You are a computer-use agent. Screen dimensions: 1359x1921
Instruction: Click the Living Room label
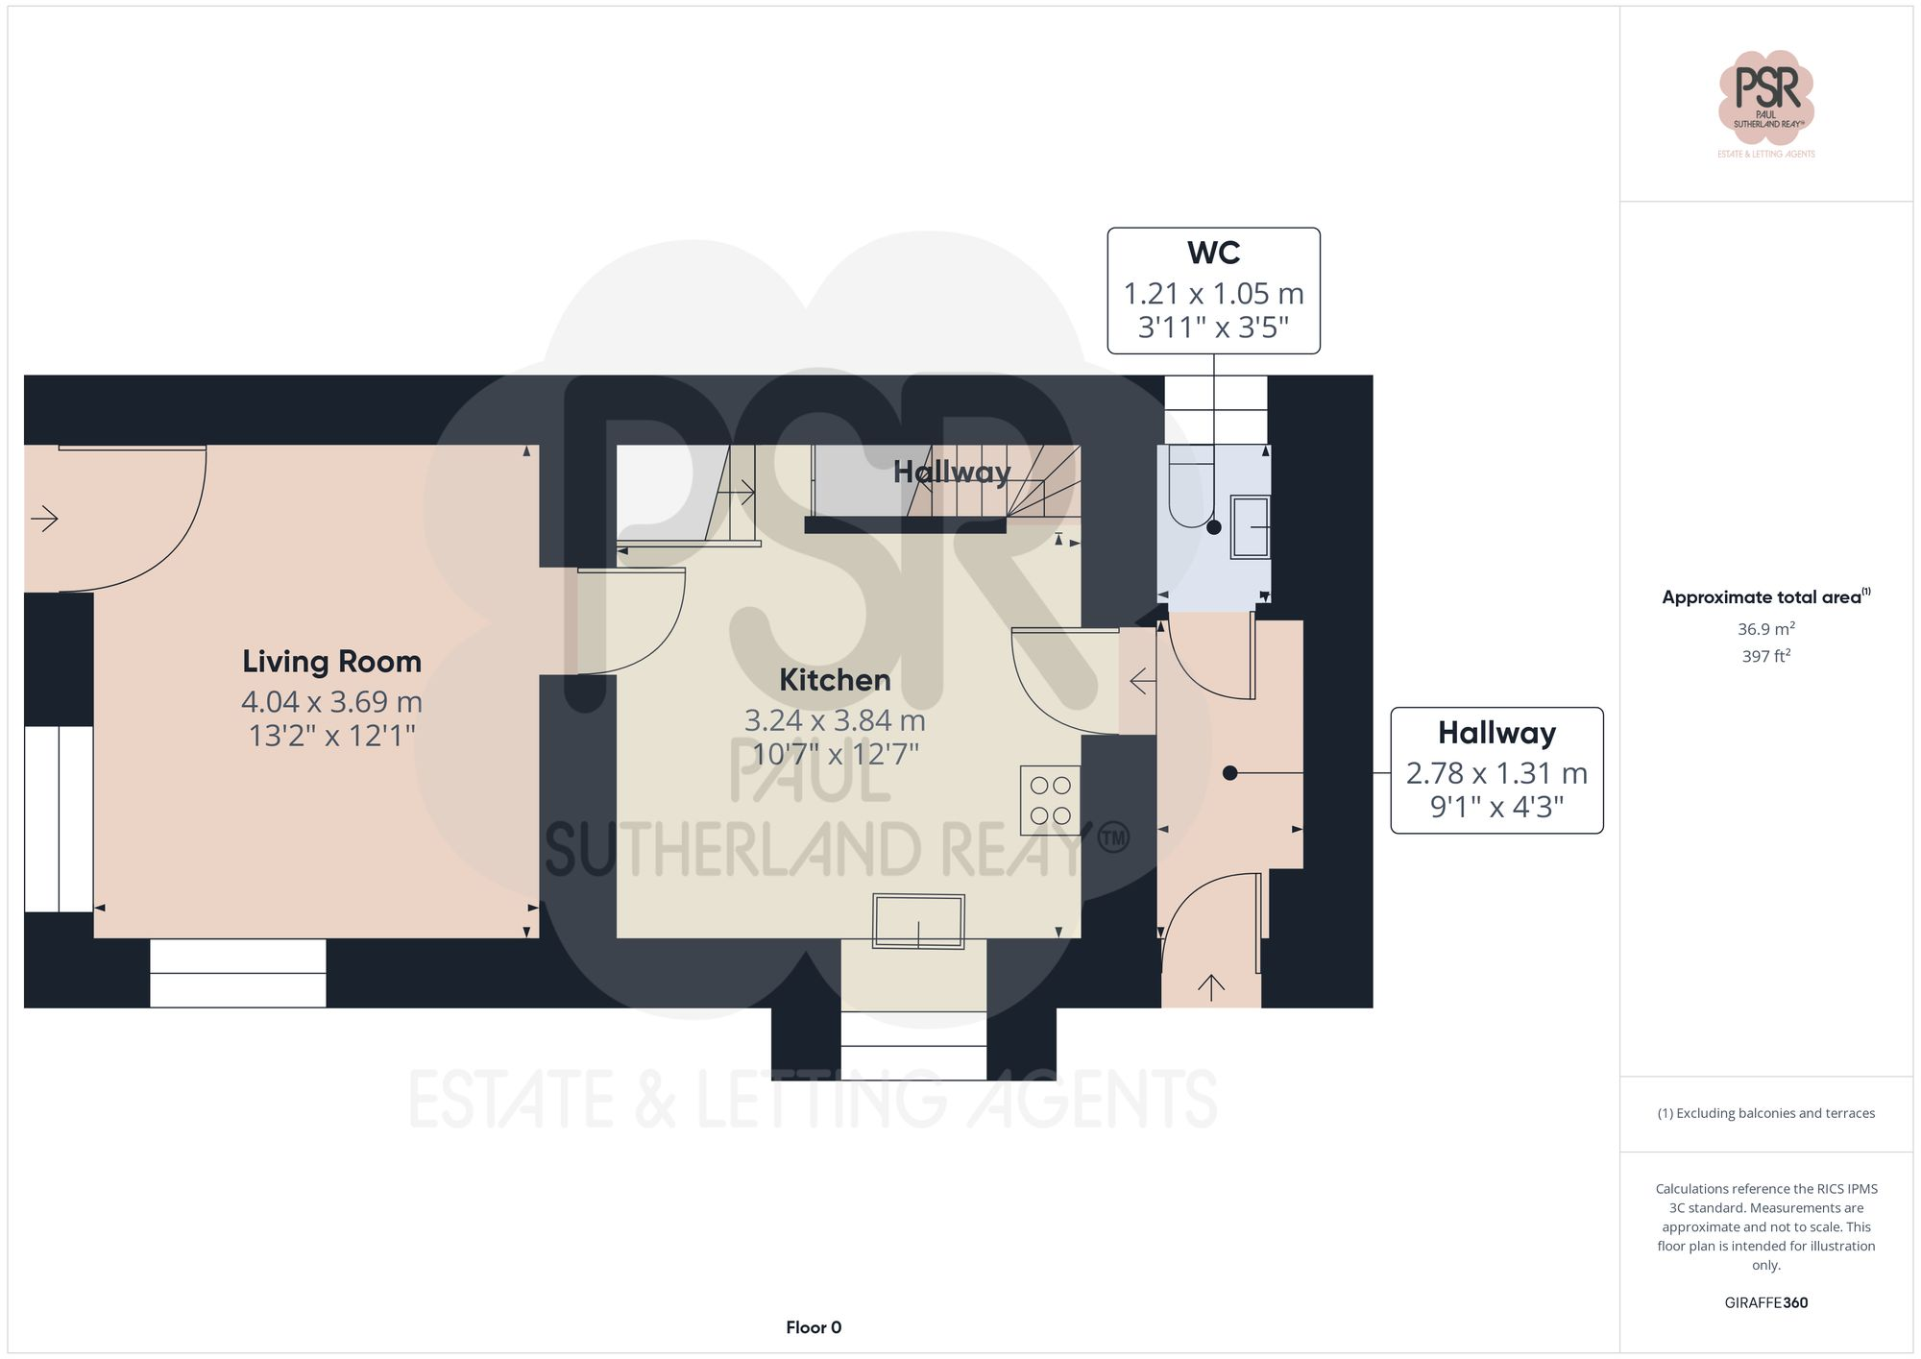pyautogui.click(x=331, y=662)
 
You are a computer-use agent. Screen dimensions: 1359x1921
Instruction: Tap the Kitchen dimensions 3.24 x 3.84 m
pyautogui.click(x=835, y=720)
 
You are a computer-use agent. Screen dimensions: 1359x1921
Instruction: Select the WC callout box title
pyautogui.click(x=1213, y=254)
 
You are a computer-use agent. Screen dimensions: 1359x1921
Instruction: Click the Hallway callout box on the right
pyautogui.click(x=1496, y=770)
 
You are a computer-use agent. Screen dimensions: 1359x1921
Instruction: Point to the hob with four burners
pyautogui.click(x=1050, y=800)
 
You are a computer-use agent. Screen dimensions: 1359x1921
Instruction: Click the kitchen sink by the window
pyautogui.click(x=918, y=921)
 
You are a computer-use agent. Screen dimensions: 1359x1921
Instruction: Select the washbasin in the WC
pyautogui.click(x=1251, y=526)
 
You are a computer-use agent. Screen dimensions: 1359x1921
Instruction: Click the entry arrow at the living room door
pyautogui.click(x=44, y=520)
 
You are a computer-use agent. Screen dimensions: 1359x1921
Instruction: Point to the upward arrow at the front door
pyautogui.click(x=1210, y=986)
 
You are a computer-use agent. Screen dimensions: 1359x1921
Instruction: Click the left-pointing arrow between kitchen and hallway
pyautogui.click(x=1142, y=682)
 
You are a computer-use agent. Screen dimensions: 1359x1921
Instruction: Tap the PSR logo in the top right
pyautogui.click(x=1765, y=97)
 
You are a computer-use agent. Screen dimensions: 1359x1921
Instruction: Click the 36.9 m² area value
pyautogui.click(x=1765, y=629)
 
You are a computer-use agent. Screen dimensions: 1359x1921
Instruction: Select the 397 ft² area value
pyautogui.click(x=1765, y=656)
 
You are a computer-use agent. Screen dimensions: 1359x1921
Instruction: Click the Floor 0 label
pyautogui.click(x=813, y=1327)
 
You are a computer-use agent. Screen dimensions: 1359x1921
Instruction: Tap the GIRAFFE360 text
pyautogui.click(x=1765, y=1303)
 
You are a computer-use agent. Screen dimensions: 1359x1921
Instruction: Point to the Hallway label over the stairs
pyautogui.click(x=951, y=472)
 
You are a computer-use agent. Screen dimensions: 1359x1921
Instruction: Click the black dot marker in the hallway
pyautogui.click(x=1229, y=772)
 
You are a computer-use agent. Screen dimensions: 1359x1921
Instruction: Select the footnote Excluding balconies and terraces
pyautogui.click(x=1765, y=1113)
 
